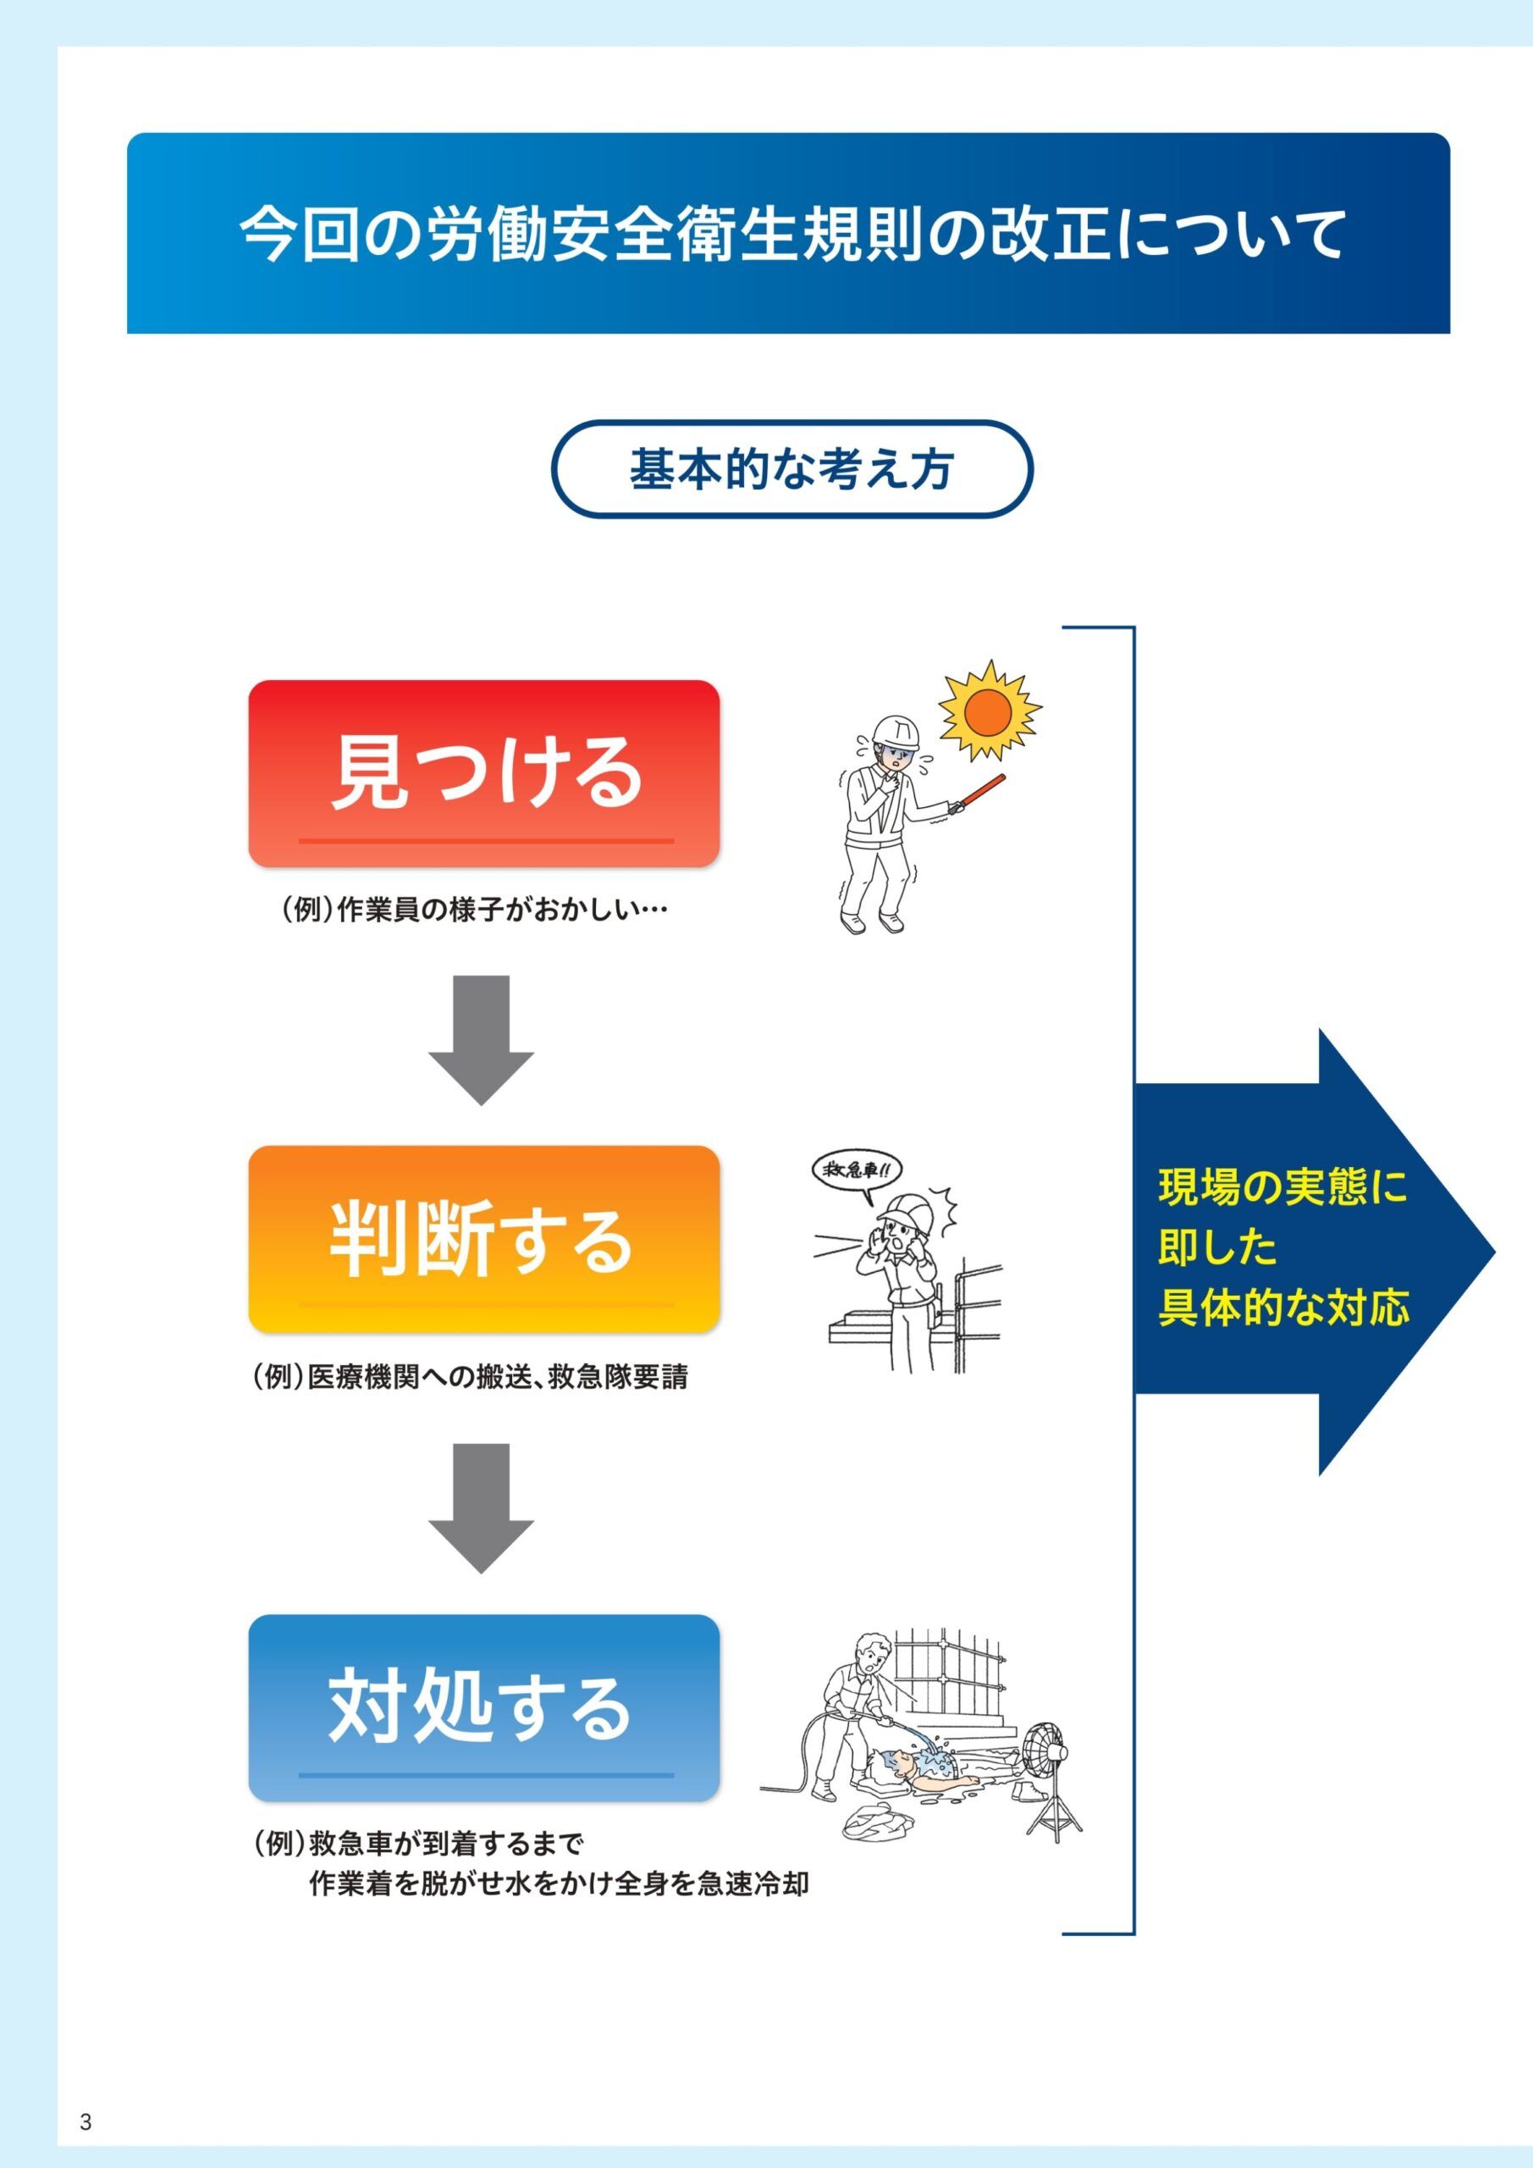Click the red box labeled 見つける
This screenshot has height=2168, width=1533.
coord(483,773)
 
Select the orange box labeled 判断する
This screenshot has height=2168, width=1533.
coord(483,1239)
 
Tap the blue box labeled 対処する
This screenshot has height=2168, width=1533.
coord(483,1707)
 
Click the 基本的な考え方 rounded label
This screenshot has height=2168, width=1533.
coord(791,468)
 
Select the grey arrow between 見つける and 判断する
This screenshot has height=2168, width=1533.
coord(482,1040)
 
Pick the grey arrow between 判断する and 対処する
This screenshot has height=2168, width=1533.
coord(482,1508)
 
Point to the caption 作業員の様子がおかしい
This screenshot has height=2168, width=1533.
coord(500,911)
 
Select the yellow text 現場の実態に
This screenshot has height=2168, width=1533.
coord(1282,1187)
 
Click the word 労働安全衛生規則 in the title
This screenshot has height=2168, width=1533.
coord(677,235)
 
